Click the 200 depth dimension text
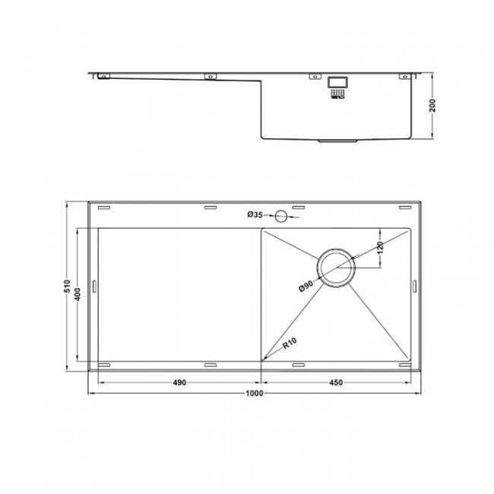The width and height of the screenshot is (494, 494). tap(432, 107)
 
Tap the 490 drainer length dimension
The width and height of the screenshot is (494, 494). tap(179, 382)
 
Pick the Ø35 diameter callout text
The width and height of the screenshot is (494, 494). tap(255, 215)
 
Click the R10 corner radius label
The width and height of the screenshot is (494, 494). tap(290, 344)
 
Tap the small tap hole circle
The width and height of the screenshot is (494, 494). tap(282, 216)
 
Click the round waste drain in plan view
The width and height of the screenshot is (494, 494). tap(337, 268)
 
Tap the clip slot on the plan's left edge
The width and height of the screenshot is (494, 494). tap(94, 287)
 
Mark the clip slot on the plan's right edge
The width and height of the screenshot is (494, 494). tap(414, 287)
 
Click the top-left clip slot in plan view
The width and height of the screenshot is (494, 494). tap(105, 207)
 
